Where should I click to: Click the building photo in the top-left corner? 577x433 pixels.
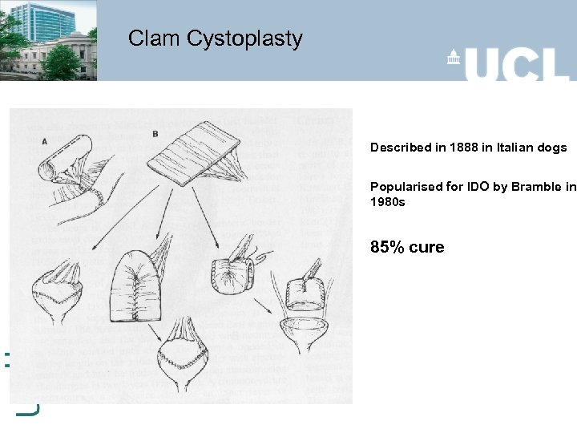coord(48,40)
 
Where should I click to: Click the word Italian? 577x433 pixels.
coord(510,148)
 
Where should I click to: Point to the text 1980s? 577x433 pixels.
coord(388,202)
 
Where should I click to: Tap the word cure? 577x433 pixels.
coord(426,247)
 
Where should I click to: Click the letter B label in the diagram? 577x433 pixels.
coord(154,133)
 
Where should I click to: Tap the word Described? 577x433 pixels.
coord(398,148)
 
